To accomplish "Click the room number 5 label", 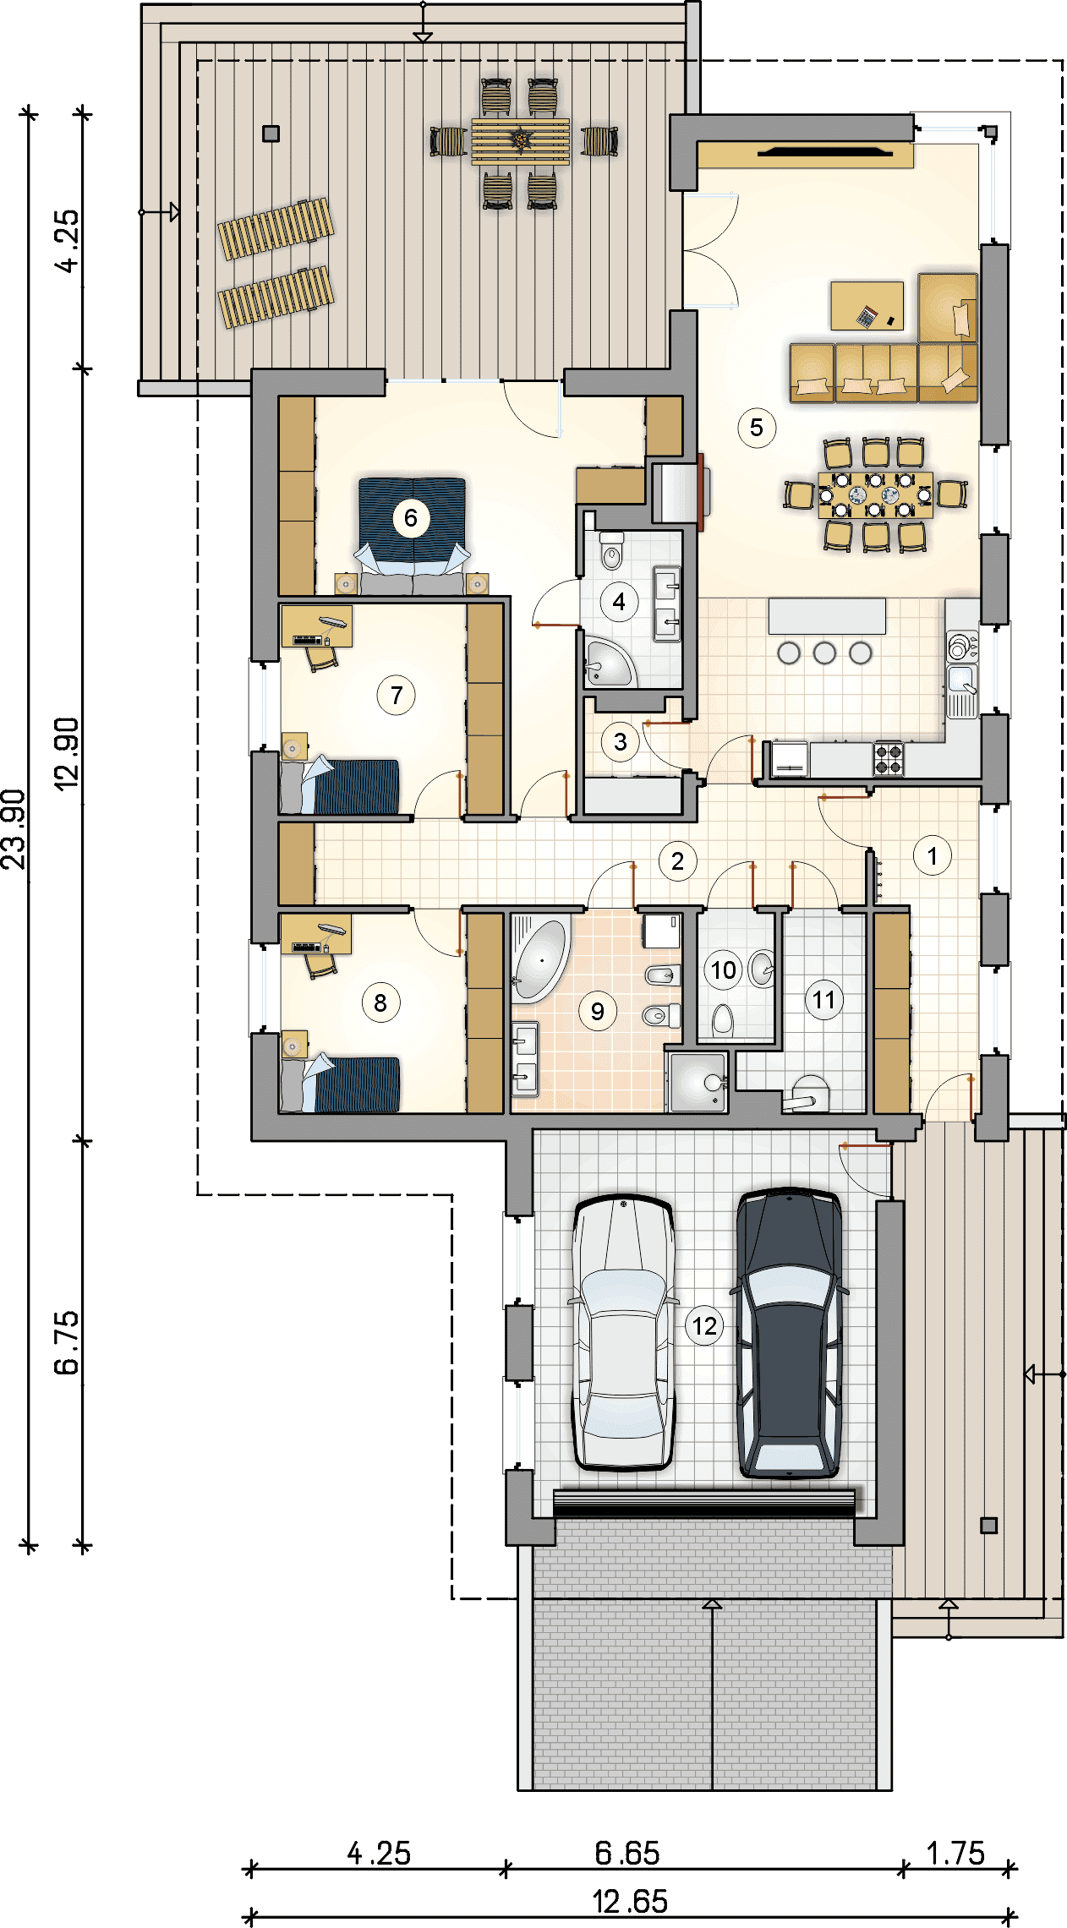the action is tap(756, 428).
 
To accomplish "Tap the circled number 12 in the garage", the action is tap(705, 1325).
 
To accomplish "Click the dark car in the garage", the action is tap(790, 1334).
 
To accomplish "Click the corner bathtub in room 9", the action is tap(539, 960).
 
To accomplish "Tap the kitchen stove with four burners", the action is tap(888, 758).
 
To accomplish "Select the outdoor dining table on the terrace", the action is tap(521, 142).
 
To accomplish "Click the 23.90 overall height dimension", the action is tap(14, 829).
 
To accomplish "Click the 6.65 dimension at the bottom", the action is tap(627, 1854).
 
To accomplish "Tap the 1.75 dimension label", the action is tap(955, 1854).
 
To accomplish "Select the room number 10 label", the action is tap(723, 970).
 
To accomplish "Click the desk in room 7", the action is tap(316, 626).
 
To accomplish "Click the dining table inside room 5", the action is tap(875, 494).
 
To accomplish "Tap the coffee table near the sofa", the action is tap(867, 305).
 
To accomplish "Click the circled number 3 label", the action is tap(620, 741).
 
